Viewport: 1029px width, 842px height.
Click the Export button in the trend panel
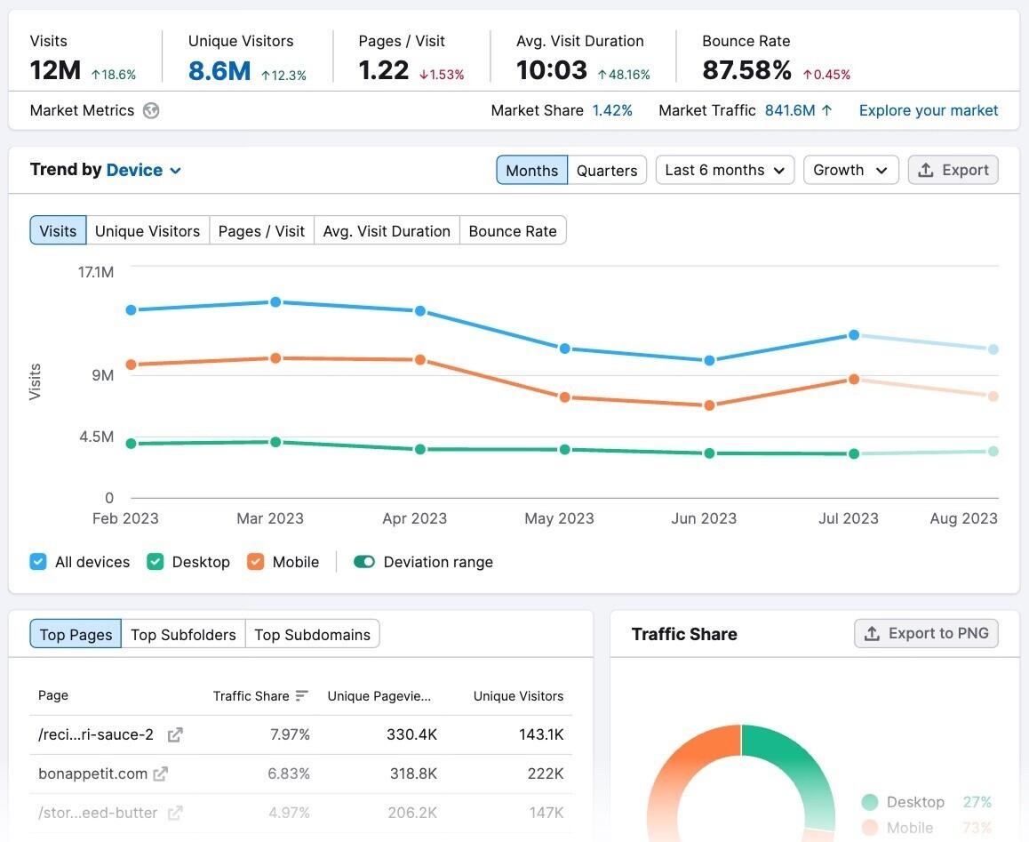tap(953, 170)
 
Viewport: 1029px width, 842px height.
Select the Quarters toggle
tap(607, 171)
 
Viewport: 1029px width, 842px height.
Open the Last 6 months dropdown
tap(725, 170)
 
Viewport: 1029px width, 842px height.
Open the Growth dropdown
tap(850, 170)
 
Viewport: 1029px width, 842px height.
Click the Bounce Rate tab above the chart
tap(513, 231)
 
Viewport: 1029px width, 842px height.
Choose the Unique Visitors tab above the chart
tap(148, 231)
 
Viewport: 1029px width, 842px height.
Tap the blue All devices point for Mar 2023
tap(275, 302)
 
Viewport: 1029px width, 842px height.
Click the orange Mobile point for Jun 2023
tap(709, 405)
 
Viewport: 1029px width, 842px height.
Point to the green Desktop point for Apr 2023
tap(420, 449)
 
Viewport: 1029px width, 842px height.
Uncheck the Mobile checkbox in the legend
tap(256, 562)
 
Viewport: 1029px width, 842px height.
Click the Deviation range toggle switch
tap(364, 562)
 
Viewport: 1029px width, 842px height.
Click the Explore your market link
tap(929, 110)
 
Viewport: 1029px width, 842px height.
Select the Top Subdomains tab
tap(313, 635)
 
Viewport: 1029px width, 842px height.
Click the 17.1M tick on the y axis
tap(96, 272)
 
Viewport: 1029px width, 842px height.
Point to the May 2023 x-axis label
tap(559, 518)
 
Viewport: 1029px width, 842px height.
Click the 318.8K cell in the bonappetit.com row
tap(413, 774)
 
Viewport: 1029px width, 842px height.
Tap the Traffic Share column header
tap(251, 696)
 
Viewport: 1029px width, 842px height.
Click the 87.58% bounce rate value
tap(746, 70)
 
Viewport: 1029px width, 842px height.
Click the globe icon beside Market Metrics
tap(151, 111)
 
